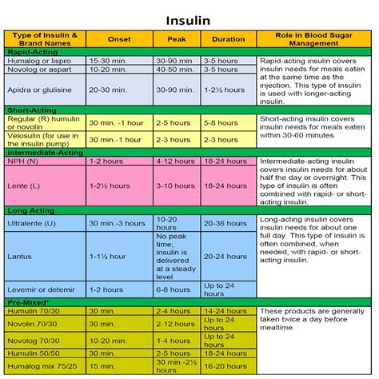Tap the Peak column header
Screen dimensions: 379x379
(x=177, y=38)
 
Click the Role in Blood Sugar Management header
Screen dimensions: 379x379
(x=313, y=38)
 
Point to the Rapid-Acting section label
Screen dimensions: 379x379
(x=29, y=50)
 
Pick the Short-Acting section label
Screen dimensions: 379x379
(x=28, y=109)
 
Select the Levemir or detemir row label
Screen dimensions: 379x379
(x=39, y=289)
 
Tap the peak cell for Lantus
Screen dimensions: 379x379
(x=177, y=257)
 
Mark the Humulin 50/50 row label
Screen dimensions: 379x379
(x=32, y=353)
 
